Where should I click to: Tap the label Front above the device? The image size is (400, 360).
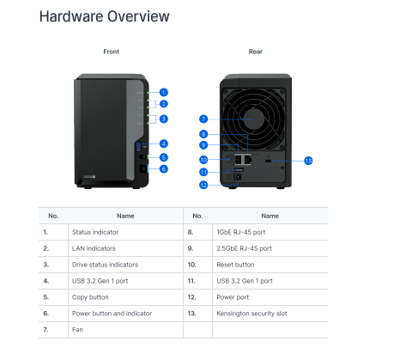112,52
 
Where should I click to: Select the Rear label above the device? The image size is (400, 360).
255,52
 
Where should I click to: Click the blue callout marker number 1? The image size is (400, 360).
163,91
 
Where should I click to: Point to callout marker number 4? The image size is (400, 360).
163,143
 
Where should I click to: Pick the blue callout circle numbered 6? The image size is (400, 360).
163,169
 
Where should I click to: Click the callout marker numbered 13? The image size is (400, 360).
308,161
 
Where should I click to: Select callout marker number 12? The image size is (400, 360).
203,185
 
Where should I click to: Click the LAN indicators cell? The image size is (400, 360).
91,248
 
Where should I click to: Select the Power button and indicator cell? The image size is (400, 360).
108,314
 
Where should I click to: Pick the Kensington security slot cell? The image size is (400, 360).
252,314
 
